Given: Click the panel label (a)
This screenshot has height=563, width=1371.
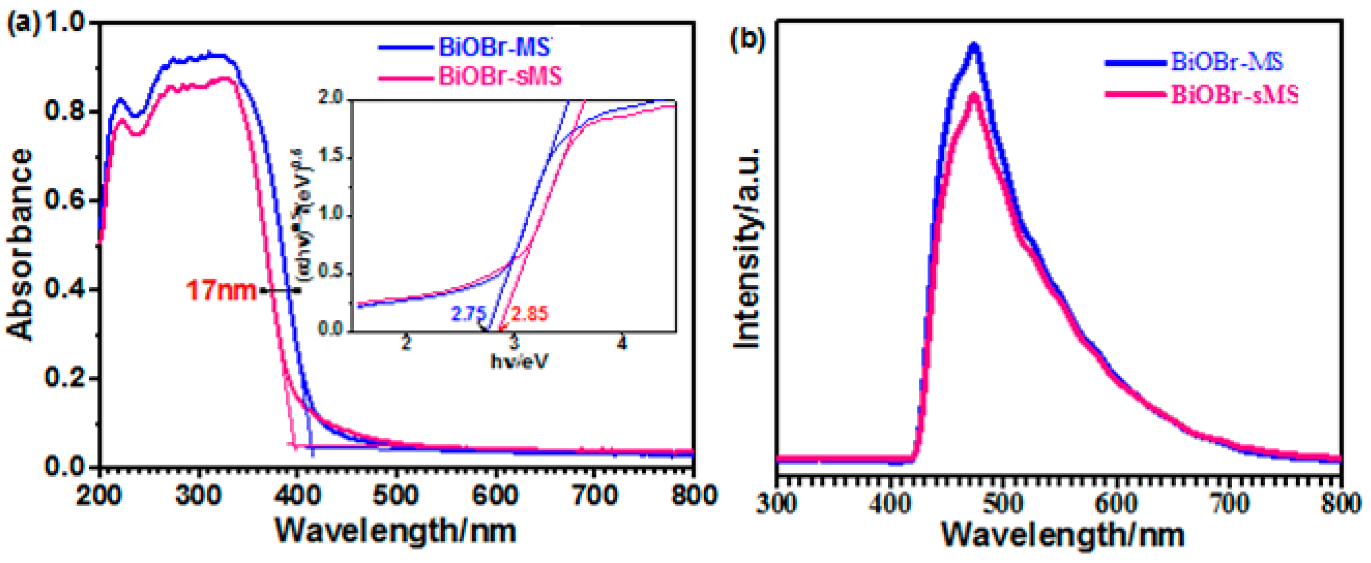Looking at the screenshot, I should [22, 24].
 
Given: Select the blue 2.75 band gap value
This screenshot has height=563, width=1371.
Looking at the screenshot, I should [467, 314].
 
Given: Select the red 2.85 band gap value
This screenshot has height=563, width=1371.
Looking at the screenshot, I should [529, 314].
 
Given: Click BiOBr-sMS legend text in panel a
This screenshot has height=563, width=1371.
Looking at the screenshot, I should [500, 76].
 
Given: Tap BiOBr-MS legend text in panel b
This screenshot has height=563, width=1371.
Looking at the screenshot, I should [1227, 62].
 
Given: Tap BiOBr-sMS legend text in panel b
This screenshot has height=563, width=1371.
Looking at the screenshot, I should [1234, 95].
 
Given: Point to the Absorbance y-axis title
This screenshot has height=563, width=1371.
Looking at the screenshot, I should [20, 244].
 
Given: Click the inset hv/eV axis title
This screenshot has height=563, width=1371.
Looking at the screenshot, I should [518, 362].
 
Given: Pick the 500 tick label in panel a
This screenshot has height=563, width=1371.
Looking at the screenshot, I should [395, 496].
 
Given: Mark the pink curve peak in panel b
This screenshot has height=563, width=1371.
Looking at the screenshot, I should [974, 96].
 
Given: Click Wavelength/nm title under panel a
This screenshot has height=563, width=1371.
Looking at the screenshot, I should [395, 531].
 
